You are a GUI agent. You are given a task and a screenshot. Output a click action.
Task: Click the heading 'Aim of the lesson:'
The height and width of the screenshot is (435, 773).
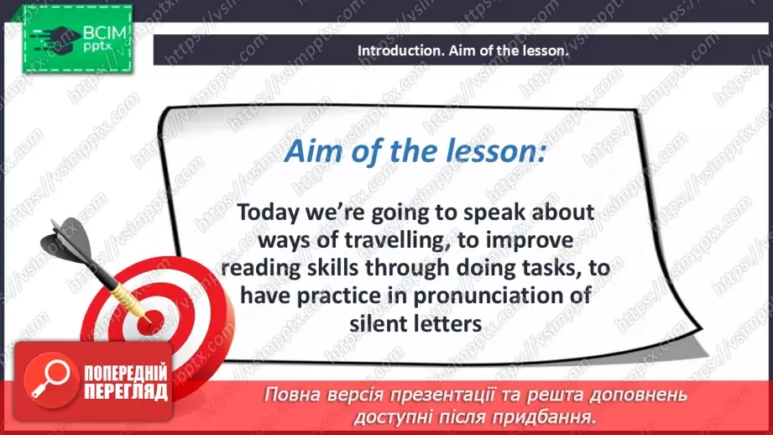[415, 150]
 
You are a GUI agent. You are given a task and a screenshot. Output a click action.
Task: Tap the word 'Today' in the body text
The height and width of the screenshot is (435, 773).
[269, 213]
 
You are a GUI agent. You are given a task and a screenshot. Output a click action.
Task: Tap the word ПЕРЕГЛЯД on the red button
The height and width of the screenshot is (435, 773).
[126, 392]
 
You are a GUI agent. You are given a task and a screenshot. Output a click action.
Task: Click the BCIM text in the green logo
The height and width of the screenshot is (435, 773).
[105, 33]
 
